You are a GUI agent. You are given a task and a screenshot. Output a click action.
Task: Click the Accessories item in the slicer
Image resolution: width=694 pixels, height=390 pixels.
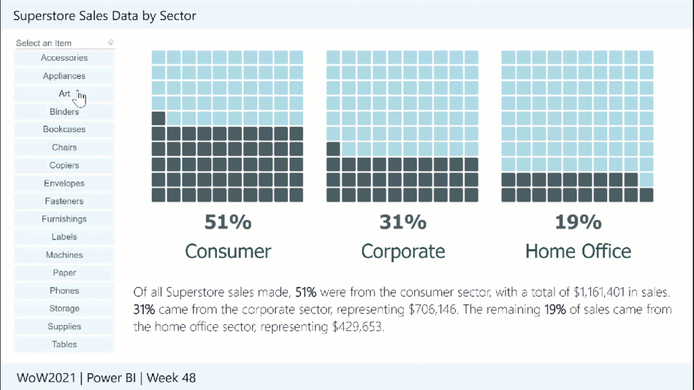(x=64, y=58)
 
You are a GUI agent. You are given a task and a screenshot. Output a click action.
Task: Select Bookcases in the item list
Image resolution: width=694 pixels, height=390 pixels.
(x=64, y=129)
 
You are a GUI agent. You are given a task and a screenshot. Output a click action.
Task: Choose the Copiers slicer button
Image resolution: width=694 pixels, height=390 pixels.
(x=64, y=165)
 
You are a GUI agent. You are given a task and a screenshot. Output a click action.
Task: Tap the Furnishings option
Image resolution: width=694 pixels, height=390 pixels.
(x=64, y=219)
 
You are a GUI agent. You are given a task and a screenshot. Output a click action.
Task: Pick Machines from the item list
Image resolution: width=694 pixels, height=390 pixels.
(x=64, y=255)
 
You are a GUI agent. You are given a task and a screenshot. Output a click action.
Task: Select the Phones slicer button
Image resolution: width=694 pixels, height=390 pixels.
(x=64, y=291)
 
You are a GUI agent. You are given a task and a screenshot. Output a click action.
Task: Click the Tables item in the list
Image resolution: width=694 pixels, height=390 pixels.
(x=64, y=345)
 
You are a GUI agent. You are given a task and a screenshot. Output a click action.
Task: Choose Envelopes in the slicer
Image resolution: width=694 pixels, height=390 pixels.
(x=64, y=183)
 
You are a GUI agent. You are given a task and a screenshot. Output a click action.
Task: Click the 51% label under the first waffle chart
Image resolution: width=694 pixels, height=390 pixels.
(x=228, y=221)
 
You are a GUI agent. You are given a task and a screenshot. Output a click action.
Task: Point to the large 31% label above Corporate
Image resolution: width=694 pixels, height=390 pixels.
(x=403, y=221)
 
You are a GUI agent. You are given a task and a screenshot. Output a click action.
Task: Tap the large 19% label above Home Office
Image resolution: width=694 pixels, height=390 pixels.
(x=578, y=221)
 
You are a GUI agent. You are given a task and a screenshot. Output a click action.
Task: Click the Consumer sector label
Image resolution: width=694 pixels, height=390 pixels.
(x=228, y=251)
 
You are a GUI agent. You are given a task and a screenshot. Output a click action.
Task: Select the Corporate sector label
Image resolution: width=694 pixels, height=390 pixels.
(x=403, y=251)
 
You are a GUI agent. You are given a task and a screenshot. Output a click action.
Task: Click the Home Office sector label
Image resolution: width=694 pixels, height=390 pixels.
(x=578, y=251)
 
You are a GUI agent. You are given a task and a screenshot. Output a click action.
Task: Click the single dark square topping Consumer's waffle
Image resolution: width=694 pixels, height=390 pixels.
(x=159, y=118)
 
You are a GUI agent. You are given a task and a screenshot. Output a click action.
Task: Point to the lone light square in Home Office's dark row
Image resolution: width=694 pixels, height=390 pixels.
(x=647, y=179)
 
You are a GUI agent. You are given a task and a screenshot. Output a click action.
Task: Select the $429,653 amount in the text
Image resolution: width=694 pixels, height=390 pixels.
(x=355, y=326)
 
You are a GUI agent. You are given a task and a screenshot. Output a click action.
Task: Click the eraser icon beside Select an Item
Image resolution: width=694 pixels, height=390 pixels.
(x=110, y=43)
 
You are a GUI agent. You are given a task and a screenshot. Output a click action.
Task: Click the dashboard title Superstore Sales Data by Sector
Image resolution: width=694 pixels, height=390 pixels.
(x=104, y=15)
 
